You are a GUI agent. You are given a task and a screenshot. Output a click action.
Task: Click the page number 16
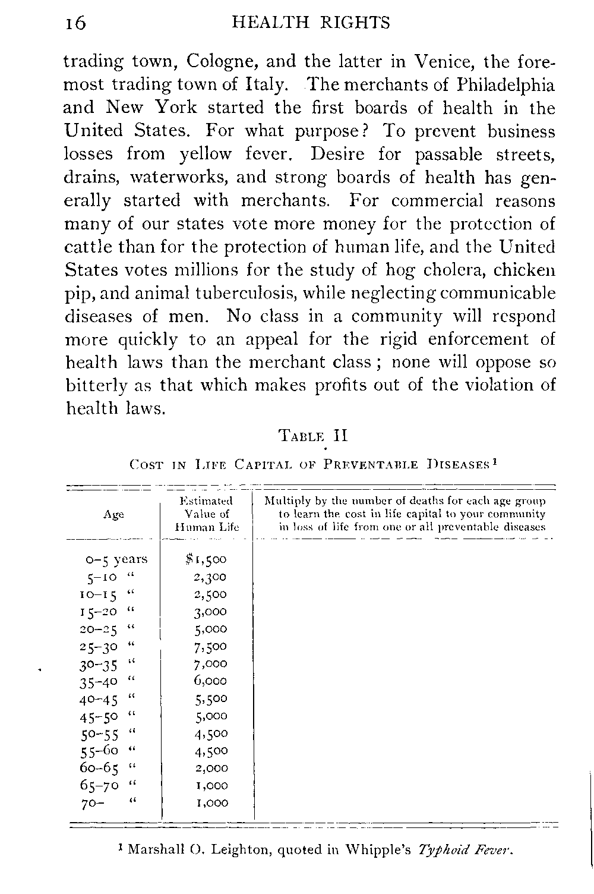75,23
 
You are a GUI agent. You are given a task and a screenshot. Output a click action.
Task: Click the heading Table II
312,436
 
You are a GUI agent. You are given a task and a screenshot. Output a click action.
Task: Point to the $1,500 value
206,559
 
